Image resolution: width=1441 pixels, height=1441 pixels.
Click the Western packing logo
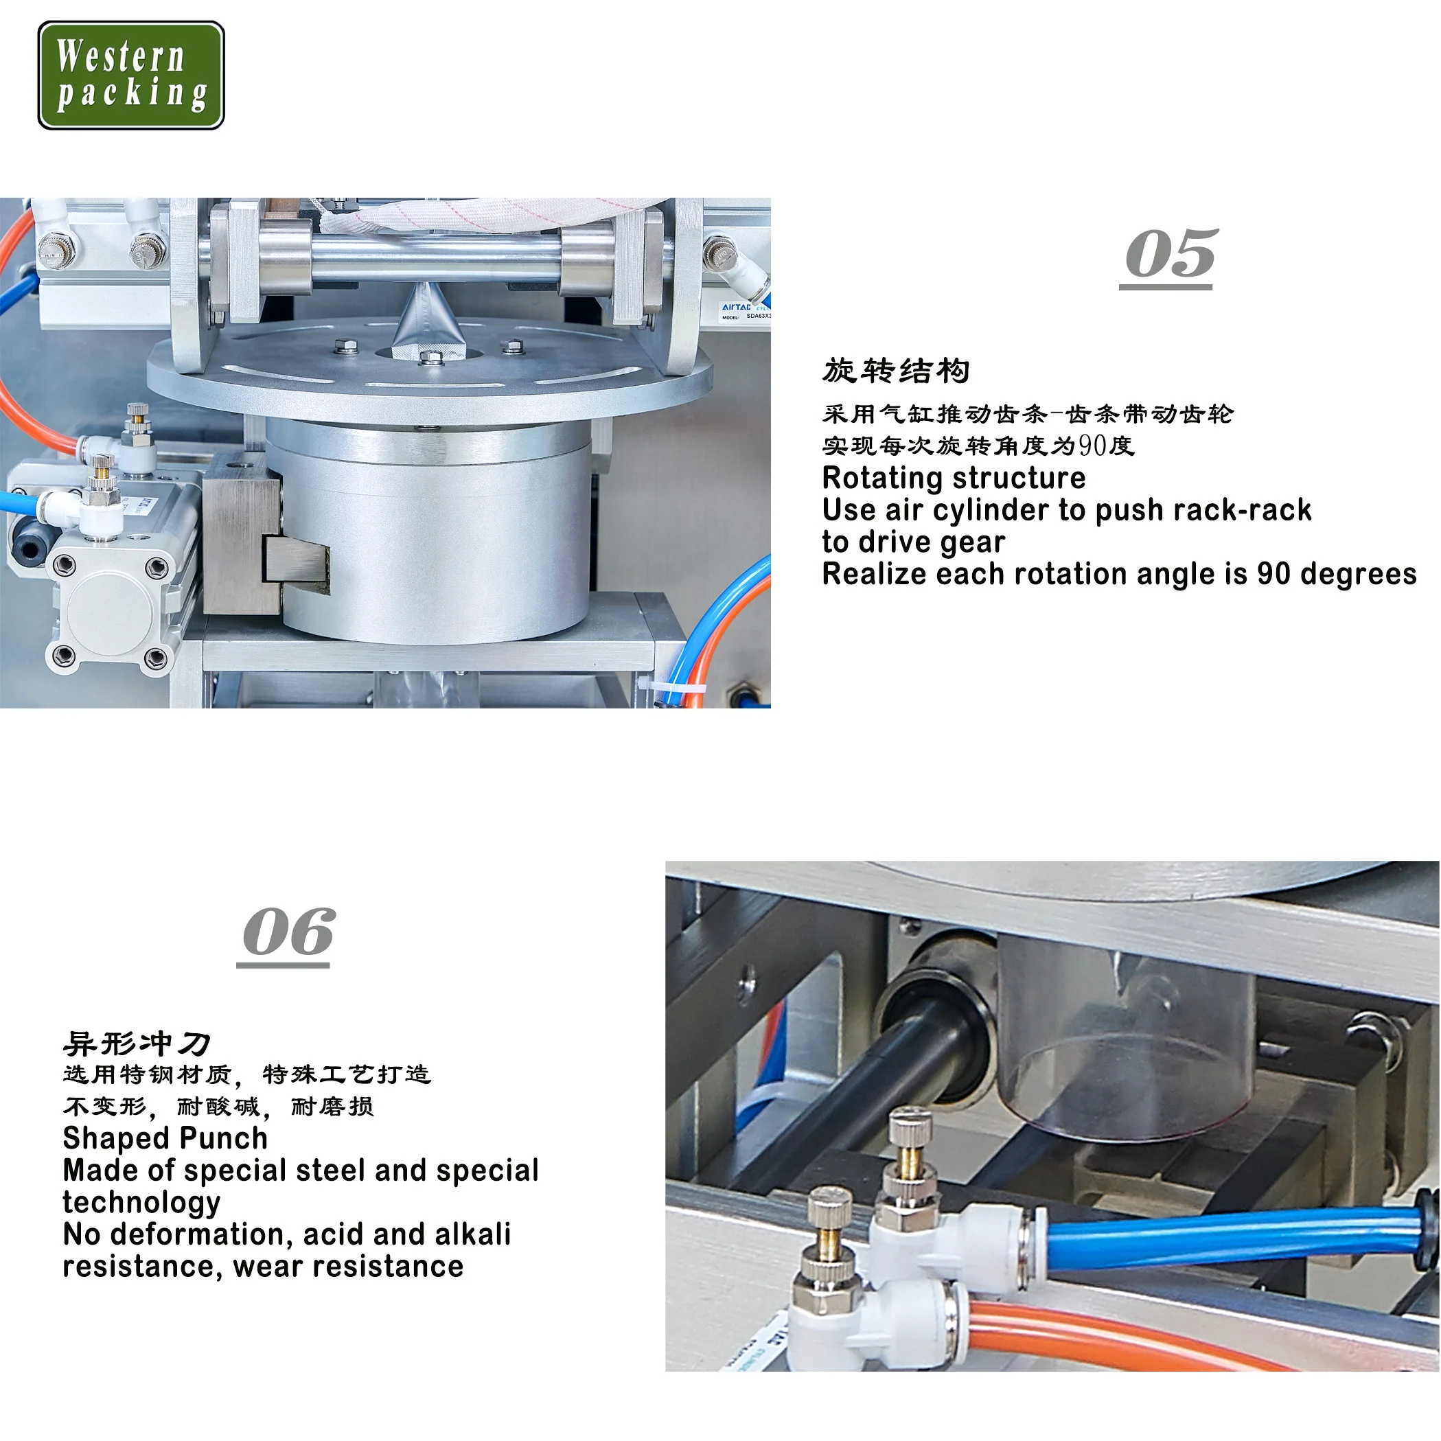click(x=130, y=75)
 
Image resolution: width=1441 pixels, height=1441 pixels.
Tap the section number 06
click(x=288, y=933)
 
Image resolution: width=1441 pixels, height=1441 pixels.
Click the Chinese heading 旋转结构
click(x=896, y=371)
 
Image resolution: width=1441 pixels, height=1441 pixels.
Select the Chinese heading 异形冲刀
click(x=137, y=1044)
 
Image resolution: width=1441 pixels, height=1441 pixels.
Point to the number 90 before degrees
click(x=1274, y=575)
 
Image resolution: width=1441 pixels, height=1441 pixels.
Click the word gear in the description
click(x=977, y=542)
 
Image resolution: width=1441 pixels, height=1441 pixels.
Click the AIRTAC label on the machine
click(x=737, y=307)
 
